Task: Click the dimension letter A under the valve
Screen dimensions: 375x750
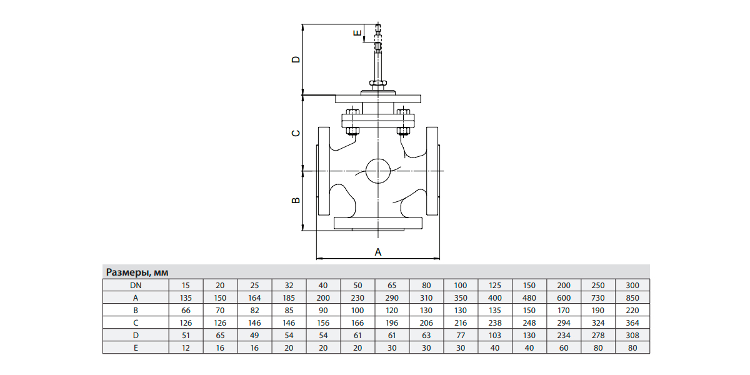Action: point(377,251)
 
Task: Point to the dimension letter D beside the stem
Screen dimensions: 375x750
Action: point(296,59)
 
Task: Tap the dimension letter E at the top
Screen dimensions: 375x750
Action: point(357,34)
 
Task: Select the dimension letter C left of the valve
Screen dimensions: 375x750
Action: point(296,133)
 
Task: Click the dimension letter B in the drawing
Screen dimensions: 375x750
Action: point(296,201)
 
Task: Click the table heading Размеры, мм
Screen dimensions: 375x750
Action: point(137,272)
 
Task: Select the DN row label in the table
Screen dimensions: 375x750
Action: point(135,285)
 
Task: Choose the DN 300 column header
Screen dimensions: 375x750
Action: point(632,285)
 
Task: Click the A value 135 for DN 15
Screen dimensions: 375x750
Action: point(186,297)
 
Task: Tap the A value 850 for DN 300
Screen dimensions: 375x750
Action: point(632,297)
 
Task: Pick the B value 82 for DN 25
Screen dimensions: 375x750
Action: point(254,310)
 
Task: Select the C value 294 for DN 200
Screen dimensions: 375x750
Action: point(564,322)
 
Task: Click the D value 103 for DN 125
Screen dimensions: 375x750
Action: point(495,335)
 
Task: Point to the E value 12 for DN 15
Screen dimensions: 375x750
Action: point(186,347)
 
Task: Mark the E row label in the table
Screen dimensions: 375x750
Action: point(135,347)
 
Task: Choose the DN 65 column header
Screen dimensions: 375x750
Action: point(392,285)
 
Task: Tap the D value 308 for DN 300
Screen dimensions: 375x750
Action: point(632,335)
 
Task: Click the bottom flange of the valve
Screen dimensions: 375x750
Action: point(377,223)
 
